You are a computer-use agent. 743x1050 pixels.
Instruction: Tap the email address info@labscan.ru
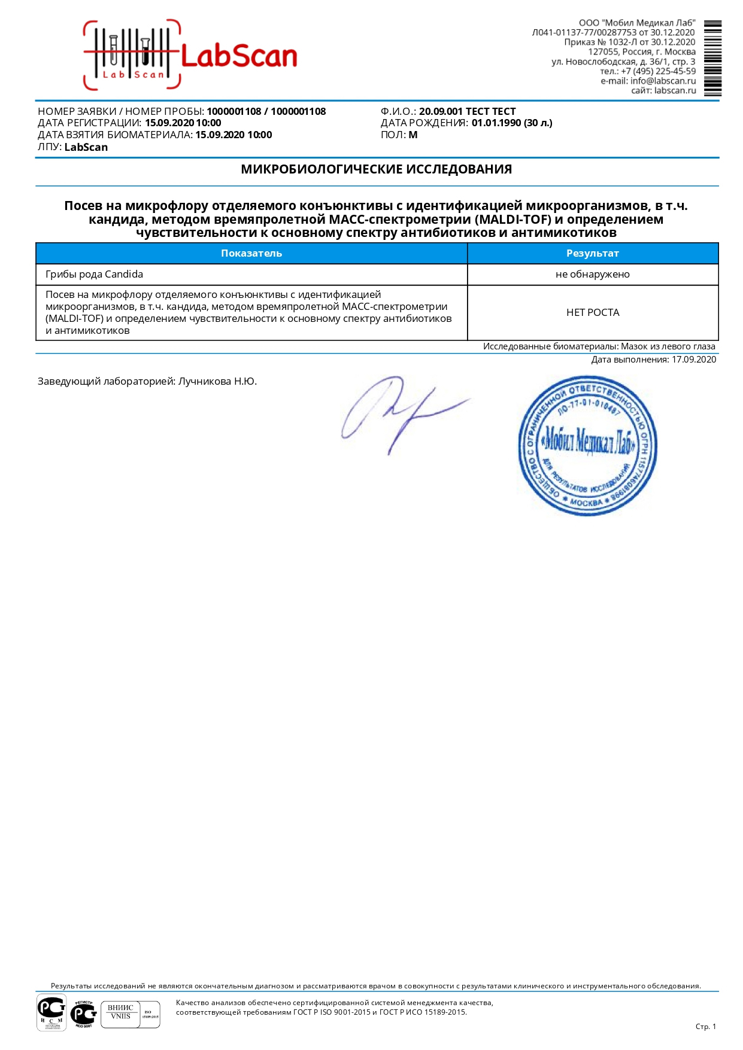point(663,81)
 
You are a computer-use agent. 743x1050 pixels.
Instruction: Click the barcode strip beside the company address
point(712,58)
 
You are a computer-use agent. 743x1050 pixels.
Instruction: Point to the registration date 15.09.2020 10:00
point(183,123)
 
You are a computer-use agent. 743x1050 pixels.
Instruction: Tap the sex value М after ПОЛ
point(413,135)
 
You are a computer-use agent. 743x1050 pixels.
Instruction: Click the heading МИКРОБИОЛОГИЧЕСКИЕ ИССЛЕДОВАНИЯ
point(376,169)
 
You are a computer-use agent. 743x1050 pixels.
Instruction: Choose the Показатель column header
point(251,253)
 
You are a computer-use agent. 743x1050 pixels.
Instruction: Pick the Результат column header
point(592,253)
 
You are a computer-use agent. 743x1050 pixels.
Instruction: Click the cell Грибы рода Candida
point(95,274)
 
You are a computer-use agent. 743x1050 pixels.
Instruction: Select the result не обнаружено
point(592,274)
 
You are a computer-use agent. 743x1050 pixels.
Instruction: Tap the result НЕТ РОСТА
point(592,312)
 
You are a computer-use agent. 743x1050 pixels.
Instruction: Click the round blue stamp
point(587,446)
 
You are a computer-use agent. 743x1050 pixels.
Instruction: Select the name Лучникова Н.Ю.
point(217,381)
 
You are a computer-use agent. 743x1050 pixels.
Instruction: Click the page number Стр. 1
point(705,1026)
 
